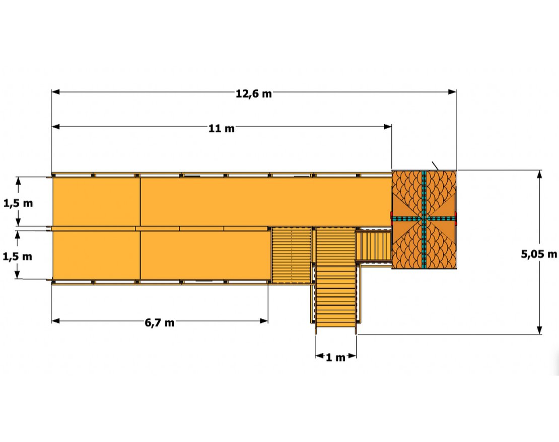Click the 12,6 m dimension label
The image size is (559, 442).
[x=253, y=94]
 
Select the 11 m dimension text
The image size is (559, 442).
[x=222, y=128]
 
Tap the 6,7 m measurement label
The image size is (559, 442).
[x=159, y=322]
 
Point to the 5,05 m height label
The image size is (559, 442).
[x=539, y=254]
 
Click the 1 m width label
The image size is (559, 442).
[x=335, y=357]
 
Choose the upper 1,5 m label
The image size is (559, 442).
[x=18, y=203]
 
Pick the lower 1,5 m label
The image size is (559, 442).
[x=18, y=256]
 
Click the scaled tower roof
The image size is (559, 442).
[x=424, y=220]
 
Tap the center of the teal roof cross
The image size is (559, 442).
[x=424, y=219]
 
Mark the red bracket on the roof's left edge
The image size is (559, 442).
[x=391, y=219]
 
